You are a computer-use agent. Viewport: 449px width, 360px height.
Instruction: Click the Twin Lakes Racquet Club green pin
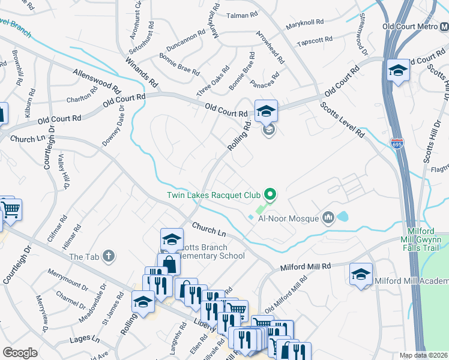point(270,194)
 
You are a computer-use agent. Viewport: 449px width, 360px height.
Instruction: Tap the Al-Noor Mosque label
point(288,218)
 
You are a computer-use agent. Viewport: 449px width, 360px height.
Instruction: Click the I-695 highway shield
point(401,144)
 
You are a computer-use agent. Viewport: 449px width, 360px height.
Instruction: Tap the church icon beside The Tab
point(108,257)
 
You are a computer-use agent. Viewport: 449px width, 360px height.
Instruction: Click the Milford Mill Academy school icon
point(361,275)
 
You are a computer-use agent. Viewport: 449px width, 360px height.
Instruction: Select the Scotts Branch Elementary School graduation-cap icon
point(172,241)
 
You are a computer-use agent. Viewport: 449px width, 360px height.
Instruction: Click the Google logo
point(20,353)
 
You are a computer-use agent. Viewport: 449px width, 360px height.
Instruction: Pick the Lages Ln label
point(84,339)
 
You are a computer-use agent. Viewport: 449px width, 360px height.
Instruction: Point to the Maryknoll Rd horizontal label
point(305,22)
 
